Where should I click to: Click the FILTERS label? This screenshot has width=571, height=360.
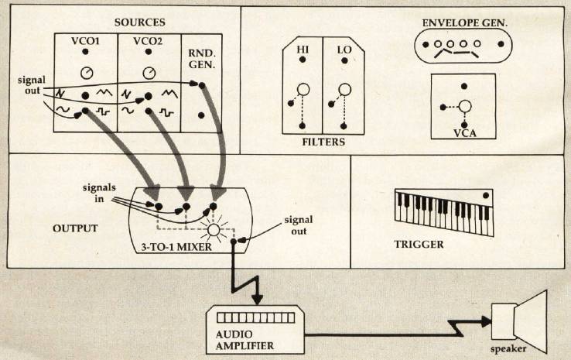click(x=324, y=142)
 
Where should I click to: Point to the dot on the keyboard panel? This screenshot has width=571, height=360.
click(x=485, y=195)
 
